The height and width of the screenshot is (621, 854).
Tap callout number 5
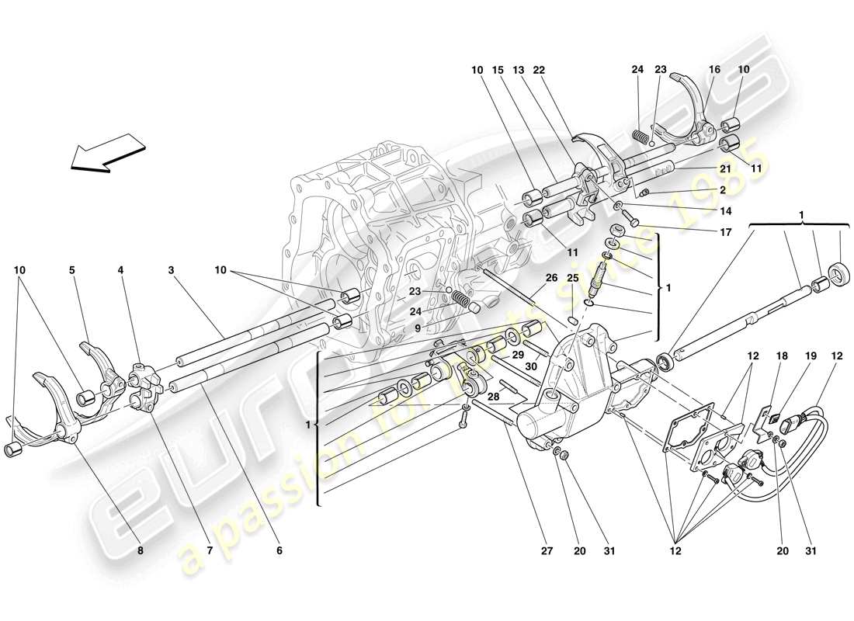(71, 271)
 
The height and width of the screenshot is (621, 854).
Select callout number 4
(120, 271)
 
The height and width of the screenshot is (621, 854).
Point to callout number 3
(169, 271)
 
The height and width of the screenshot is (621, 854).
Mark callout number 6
(279, 550)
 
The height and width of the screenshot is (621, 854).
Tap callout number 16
(714, 70)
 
